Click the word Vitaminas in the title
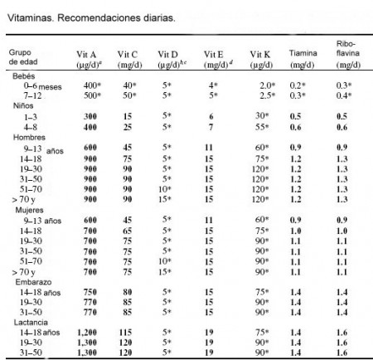(30, 18)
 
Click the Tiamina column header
(303, 59)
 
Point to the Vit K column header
(261, 60)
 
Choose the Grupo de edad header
(23, 57)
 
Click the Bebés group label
(24, 76)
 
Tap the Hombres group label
(29, 138)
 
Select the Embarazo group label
(33, 282)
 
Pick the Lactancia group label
(31, 323)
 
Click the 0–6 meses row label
(42, 86)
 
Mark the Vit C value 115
(125, 333)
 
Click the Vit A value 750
(90, 292)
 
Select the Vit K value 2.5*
(267, 95)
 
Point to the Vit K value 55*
(262, 127)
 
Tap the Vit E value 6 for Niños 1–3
(211, 116)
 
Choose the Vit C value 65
(128, 231)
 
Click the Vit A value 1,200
(87, 333)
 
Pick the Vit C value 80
(128, 292)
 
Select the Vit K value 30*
(262, 116)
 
